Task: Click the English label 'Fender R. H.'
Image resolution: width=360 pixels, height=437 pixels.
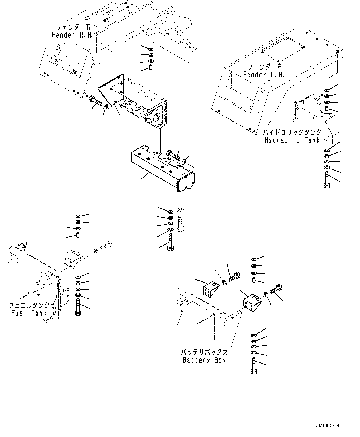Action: click(x=72, y=35)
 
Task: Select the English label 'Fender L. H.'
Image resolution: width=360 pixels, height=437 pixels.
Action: click(x=263, y=75)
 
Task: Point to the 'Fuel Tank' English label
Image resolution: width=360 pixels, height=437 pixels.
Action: click(x=29, y=313)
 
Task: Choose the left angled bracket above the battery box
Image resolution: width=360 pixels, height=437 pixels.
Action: click(x=210, y=289)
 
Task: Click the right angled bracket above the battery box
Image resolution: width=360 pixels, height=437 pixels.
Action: click(x=253, y=303)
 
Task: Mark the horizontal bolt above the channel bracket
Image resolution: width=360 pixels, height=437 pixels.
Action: click(x=174, y=155)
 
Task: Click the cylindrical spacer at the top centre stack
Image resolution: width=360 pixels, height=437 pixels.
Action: click(x=151, y=67)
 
